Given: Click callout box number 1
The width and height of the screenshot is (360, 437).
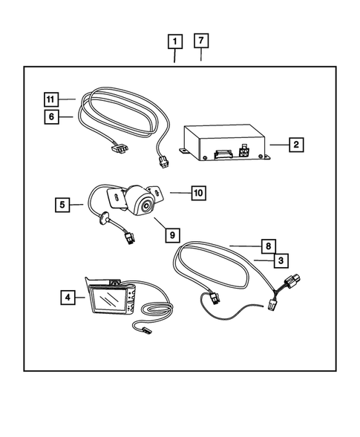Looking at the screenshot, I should point(174,41).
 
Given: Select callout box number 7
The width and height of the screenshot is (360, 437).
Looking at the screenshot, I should point(201,41).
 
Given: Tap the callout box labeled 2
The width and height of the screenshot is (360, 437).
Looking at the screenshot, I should point(295,145).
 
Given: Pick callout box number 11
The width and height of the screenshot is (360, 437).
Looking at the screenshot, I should point(50,99).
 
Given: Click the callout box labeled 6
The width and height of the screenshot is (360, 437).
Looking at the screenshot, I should point(50,116).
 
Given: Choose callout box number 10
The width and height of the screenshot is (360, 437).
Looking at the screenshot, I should point(197,193).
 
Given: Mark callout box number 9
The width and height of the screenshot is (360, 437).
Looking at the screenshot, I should point(171,234).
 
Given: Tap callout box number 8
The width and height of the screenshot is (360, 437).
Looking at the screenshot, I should point(269,245).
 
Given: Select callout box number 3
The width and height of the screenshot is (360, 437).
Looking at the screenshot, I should point(281,260).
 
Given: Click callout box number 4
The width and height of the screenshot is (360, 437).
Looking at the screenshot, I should point(68,298).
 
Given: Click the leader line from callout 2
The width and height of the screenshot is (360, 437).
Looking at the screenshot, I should point(276,145).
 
